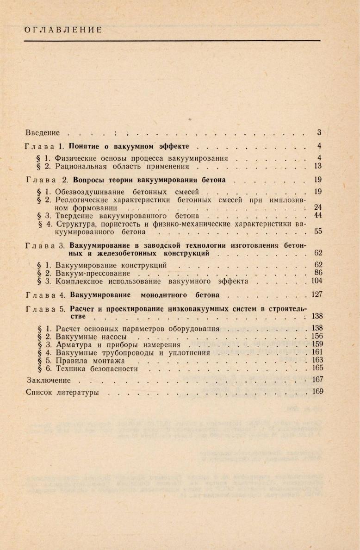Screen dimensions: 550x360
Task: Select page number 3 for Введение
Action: click(x=319, y=133)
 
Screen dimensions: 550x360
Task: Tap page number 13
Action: click(x=317, y=166)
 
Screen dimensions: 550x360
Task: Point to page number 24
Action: click(x=317, y=207)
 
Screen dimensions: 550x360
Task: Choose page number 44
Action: click(x=317, y=216)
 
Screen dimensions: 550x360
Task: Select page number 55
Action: click(x=317, y=232)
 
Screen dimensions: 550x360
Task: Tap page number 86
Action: click(x=317, y=273)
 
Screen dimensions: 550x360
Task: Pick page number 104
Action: click(x=316, y=281)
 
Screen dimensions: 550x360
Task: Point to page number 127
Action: click(x=316, y=294)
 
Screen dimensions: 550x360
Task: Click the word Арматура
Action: click(x=74, y=345)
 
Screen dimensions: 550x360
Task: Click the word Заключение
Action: click(x=48, y=381)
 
